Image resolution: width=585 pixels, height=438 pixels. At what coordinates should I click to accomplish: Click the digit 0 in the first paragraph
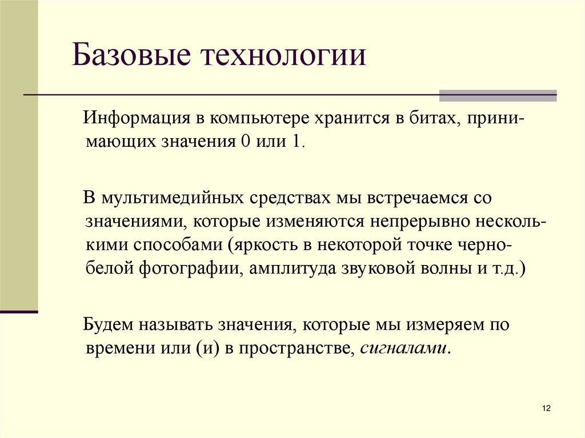click(x=246, y=141)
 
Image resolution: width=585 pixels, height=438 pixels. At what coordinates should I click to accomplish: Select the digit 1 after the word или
click(x=297, y=141)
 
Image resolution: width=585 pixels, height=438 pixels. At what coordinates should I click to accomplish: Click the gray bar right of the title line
click(x=497, y=96)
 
